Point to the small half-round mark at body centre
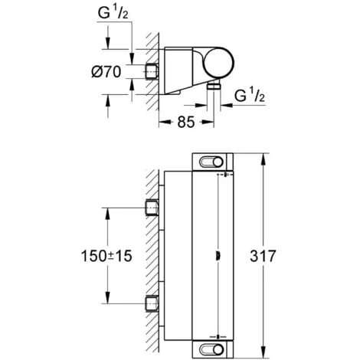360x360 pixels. (x=220, y=254)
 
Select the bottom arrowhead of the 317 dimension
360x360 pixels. (x=263, y=353)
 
